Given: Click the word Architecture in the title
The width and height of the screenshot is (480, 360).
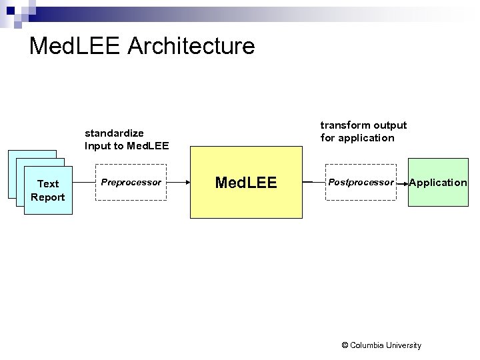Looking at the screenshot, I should (190, 46).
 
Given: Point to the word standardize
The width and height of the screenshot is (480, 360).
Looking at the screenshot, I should (115, 133).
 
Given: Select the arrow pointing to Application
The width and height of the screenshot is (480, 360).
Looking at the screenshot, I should (403, 183).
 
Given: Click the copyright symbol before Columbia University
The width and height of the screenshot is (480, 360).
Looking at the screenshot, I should (344, 345).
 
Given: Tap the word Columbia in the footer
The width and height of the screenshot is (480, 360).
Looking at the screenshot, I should (369, 345).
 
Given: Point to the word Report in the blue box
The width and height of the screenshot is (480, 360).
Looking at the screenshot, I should (48, 197).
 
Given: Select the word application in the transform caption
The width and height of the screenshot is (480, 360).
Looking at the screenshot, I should (367, 138).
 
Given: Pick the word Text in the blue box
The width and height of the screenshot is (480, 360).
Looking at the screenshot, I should (48, 183).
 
